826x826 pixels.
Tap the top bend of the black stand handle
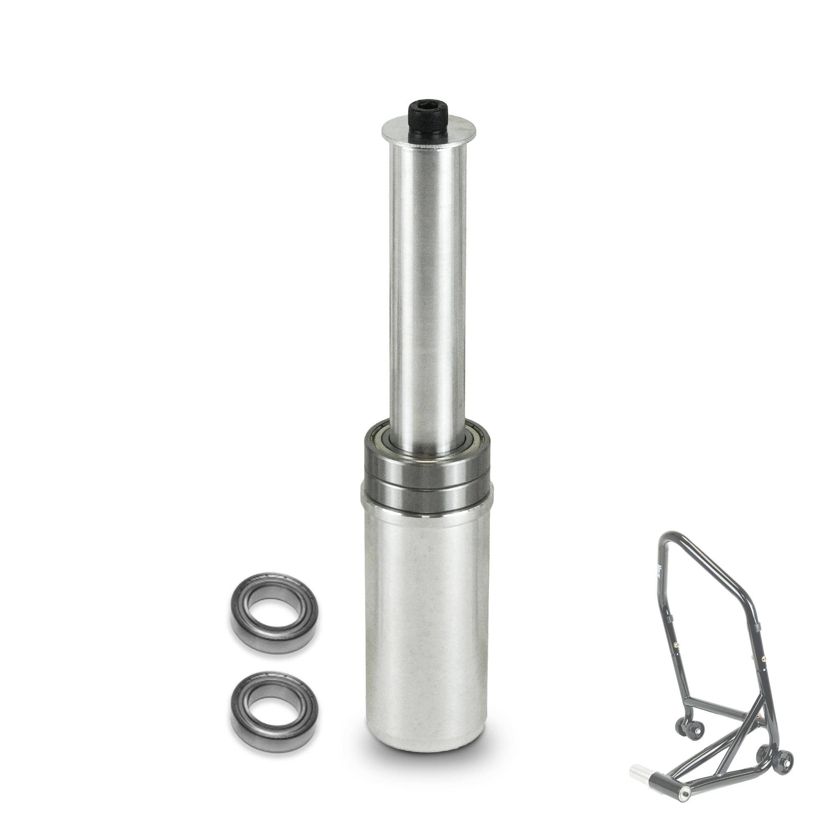click(x=672, y=534)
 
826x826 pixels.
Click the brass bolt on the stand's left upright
click(x=676, y=646)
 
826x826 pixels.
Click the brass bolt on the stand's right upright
click(x=764, y=659)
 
